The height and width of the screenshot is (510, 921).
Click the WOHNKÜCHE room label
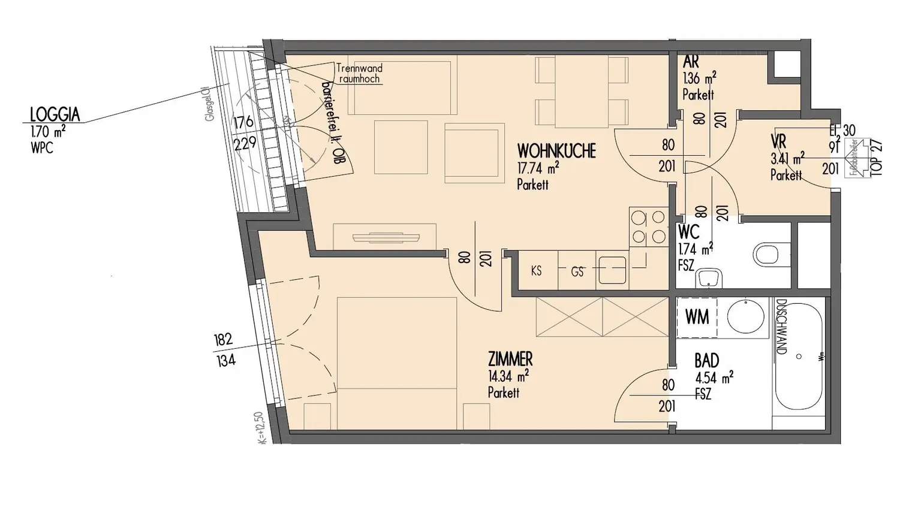(x=556, y=150)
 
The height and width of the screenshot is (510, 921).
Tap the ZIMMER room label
(x=510, y=359)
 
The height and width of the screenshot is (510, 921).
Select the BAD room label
(x=706, y=361)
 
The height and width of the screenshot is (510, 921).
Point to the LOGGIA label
(x=55, y=114)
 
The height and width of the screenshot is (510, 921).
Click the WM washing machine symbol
(x=697, y=317)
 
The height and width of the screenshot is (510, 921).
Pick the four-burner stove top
(x=648, y=227)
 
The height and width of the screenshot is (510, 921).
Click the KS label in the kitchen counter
(x=536, y=271)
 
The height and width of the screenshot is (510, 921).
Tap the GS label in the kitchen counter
(x=577, y=272)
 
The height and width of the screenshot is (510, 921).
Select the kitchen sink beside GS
(x=612, y=269)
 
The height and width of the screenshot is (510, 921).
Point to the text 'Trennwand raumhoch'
(x=359, y=74)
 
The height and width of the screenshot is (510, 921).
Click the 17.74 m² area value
(x=538, y=168)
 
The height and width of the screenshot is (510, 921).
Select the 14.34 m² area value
(x=508, y=376)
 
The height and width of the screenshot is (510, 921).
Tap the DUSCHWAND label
(x=781, y=327)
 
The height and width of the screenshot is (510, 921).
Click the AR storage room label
(x=690, y=62)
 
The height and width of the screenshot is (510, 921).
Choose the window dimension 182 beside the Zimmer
(x=222, y=340)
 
